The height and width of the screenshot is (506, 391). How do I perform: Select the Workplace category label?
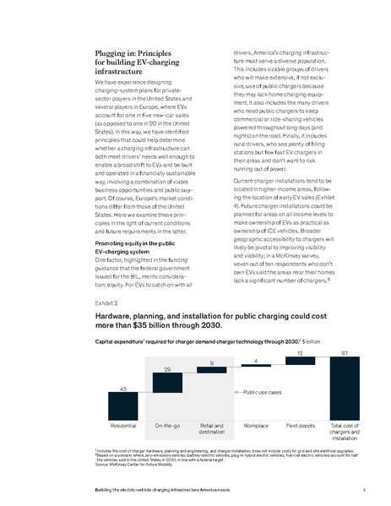(x=255, y=427)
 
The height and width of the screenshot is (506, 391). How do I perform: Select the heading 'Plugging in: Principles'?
(x=141, y=52)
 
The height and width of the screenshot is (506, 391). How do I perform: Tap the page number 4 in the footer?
(x=362, y=489)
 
